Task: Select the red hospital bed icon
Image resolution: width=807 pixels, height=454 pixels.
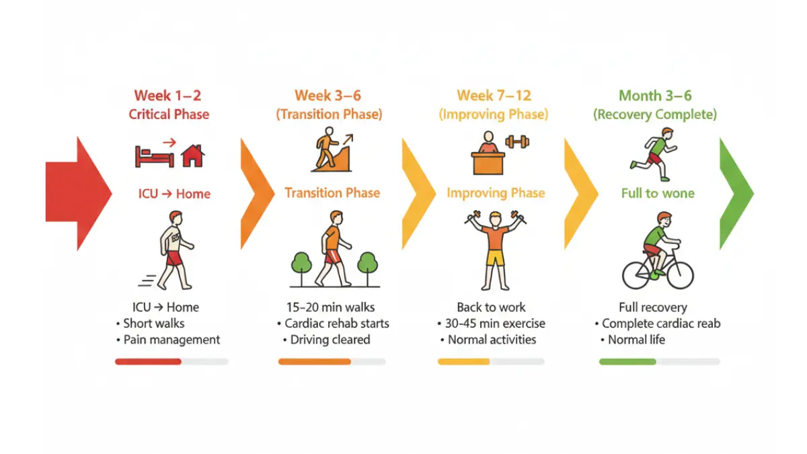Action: [154, 157]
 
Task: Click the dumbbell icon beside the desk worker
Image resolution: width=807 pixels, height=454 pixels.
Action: [517, 142]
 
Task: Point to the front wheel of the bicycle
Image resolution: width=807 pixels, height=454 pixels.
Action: [680, 275]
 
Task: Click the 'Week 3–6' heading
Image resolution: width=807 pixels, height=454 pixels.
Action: [328, 96]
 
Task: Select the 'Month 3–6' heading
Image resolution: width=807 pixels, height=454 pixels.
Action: [655, 96]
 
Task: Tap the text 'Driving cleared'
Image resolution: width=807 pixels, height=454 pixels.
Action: [330, 340]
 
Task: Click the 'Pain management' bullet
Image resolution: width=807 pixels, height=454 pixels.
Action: [171, 340]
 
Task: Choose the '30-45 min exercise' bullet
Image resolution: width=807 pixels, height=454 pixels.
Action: [495, 324]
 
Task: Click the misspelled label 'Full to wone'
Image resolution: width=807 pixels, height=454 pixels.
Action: [658, 194]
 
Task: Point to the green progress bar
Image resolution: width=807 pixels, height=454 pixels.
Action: [627, 362]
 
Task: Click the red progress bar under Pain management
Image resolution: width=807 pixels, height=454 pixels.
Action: [148, 362]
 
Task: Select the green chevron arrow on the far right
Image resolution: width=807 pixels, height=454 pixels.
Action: [736, 194]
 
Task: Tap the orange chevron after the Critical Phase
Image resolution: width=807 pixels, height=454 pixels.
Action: [257, 194]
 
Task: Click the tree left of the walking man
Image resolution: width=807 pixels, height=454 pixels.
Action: [301, 268]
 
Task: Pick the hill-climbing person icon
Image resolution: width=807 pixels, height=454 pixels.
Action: [332, 149]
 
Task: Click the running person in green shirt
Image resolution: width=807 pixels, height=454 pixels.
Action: [654, 154]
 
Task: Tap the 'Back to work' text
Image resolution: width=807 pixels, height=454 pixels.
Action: [491, 307]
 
